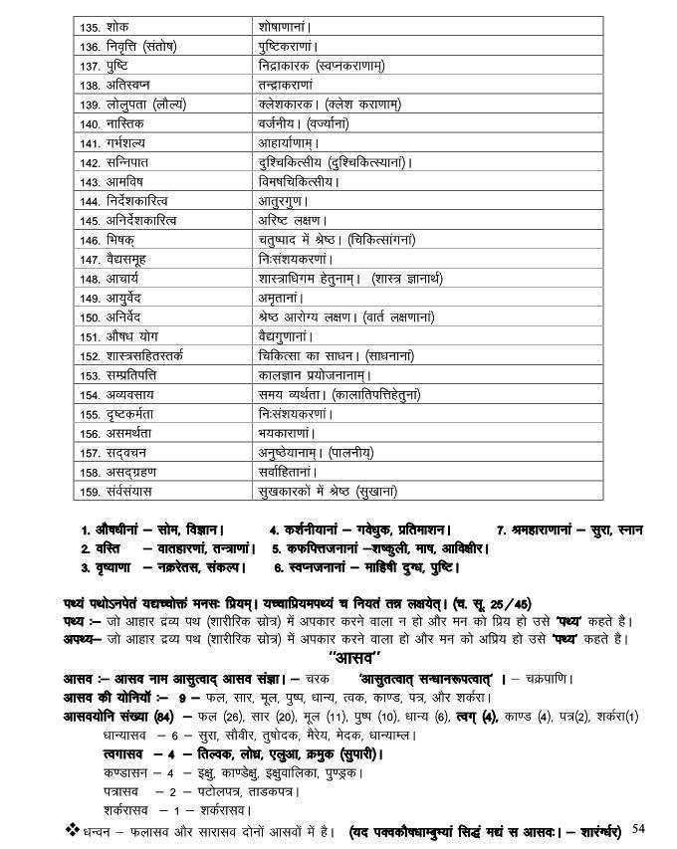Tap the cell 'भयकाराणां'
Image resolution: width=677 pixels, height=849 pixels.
[286, 432]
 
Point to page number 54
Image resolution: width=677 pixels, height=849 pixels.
[638, 827]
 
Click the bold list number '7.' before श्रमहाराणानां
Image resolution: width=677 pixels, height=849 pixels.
[501, 530]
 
